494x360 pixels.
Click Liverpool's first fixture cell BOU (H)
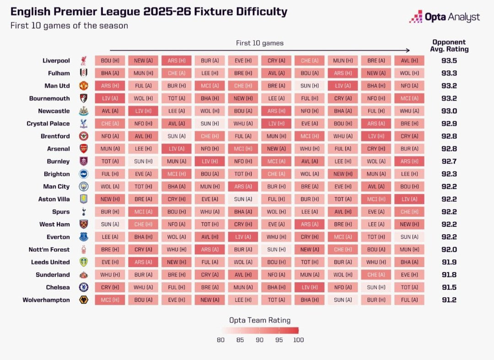[110, 60]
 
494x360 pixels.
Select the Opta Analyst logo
[445, 16]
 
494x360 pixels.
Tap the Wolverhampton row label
[46, 300]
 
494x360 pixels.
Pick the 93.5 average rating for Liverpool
[449, 60]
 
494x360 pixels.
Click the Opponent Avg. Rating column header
[449, 46]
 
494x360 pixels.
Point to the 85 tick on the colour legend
[240, 340]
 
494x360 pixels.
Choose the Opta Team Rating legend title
[260, 320]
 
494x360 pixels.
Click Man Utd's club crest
[84, 86]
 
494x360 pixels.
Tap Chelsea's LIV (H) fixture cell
[309, 287]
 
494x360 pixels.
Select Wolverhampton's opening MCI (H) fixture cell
[110, 300]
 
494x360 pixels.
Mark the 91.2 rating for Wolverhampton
[449, 300]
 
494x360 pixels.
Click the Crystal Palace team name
[48, 124]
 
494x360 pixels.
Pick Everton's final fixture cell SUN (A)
[409, 237]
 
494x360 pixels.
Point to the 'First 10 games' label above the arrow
[260, 43]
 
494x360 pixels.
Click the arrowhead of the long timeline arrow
[408, 50]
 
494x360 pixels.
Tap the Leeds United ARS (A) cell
[143, 262]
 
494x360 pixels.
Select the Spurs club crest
[84, 212]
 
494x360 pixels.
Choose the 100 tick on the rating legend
[298, 340]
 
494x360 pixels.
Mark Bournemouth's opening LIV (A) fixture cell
[110, 98]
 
